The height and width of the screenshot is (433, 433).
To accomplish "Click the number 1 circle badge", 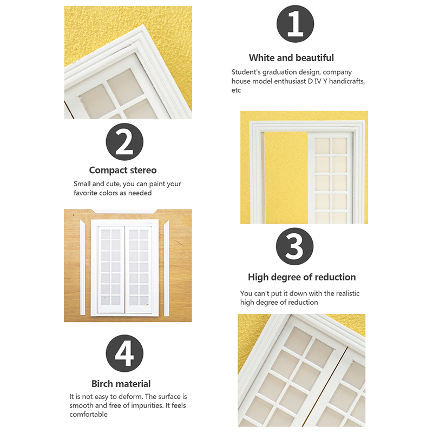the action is coord(295,24).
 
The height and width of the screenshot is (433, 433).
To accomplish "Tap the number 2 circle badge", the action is coord(124,142).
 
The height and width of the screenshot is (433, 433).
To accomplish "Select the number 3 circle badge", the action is coord(294,246).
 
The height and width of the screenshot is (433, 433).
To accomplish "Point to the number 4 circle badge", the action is coord(124,353).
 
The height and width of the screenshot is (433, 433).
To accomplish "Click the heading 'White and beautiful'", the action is coord(291,58).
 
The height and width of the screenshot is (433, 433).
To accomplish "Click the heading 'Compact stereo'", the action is coord(123,170).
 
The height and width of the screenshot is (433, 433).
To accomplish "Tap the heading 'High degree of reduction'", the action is coord(302,277).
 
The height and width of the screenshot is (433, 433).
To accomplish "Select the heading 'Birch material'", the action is coord(121,384).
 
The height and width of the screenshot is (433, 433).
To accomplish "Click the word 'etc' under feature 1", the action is coord(236,90).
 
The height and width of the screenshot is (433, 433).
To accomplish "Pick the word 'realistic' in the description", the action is coord(347,293).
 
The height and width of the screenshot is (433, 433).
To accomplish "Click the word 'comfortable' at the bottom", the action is coord(88,414).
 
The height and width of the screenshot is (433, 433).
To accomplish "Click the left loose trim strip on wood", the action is coord(83,267).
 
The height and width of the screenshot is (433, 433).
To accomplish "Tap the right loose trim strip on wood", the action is coord(167,268).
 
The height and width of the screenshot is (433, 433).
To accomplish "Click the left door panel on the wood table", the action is coord(111,270).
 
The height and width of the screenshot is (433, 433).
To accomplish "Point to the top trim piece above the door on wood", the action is coord(124,212).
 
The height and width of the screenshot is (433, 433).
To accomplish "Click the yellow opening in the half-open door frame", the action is coord(286,178).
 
